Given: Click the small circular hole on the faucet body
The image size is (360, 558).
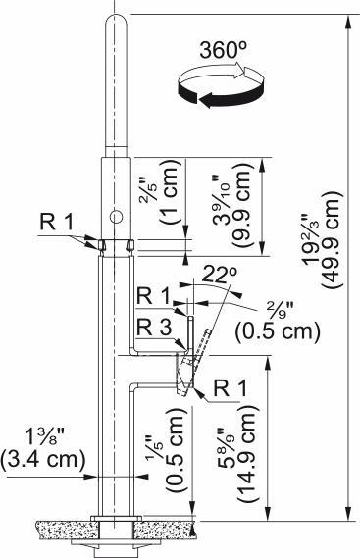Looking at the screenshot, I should point(114,214).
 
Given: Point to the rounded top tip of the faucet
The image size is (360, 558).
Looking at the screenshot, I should point(115,20).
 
